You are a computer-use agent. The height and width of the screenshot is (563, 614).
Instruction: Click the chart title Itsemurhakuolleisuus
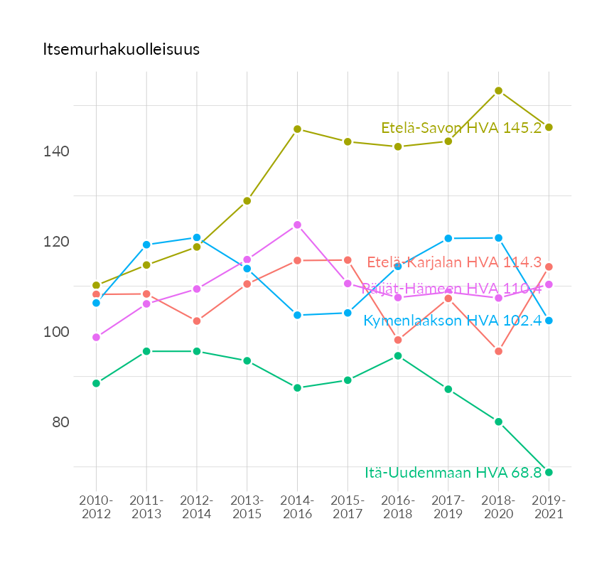click(x=122, y=50)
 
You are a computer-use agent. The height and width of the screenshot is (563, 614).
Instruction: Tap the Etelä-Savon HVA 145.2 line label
click(x=461, y=128)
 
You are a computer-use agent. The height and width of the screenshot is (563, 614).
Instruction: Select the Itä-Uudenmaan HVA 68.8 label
click(x=453, y=472)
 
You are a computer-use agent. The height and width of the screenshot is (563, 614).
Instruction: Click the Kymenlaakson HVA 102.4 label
click(x=452, y=321)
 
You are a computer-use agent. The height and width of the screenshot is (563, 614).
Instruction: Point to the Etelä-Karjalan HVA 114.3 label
click(x=454, y=262)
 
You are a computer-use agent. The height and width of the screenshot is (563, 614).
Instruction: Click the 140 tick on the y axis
click(x=59, y=152)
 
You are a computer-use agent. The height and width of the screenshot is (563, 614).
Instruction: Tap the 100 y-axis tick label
click(x=59, y=332)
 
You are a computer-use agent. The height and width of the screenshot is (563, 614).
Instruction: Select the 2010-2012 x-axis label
click(x=96, y=508)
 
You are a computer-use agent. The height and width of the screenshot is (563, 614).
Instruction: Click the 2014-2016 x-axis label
click(x=297, y=508)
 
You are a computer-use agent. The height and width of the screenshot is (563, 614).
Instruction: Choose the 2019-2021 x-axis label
click(x=549, y=508)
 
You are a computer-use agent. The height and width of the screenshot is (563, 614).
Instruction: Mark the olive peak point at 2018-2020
click(x=498, y=91)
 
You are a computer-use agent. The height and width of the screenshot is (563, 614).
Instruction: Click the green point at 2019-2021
click(x=549, y=472)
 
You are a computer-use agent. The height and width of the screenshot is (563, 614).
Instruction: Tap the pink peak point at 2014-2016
click(x=297, y=225)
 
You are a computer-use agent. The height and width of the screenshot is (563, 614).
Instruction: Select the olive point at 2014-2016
click(x=297, y=129)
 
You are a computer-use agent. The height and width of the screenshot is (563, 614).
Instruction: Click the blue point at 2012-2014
click(x=197, y=237)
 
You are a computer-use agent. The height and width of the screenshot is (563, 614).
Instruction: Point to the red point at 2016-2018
click(x=398, y=340)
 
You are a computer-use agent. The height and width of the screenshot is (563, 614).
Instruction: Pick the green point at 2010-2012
click(x=96, y=383)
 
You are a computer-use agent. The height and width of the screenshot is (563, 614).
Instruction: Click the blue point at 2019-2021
click(x=549, y=321)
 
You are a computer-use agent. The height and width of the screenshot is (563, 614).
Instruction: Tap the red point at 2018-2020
click(x=498, y=351)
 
